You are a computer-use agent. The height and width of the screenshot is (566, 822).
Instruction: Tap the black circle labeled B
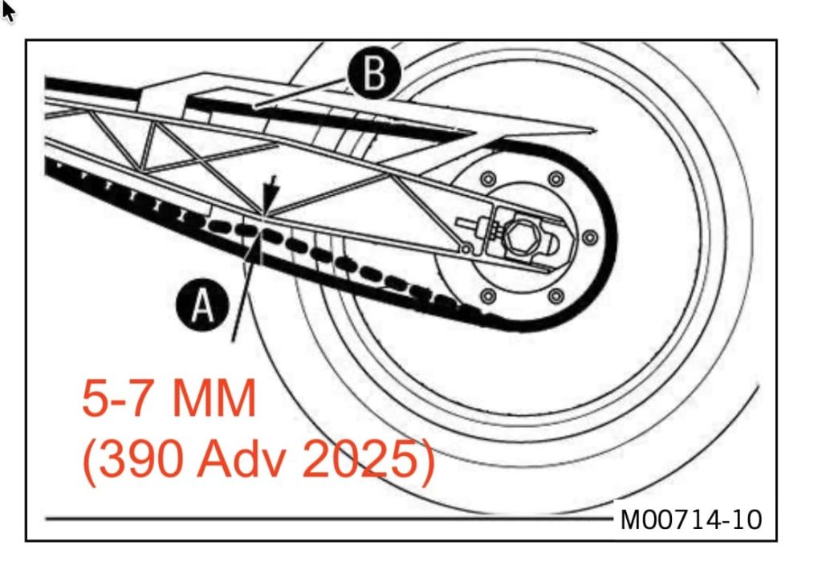point(373,74)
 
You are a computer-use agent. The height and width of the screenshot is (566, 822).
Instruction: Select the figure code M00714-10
point(690,519)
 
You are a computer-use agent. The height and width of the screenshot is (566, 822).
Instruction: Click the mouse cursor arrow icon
point(8,10)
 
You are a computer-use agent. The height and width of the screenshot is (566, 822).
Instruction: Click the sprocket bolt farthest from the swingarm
point(555,297)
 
